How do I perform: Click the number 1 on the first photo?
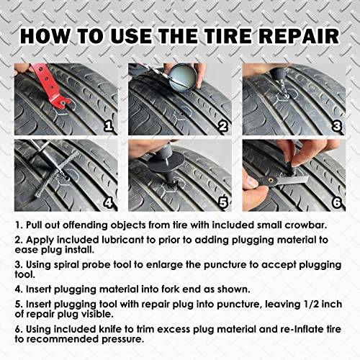(109, 127)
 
